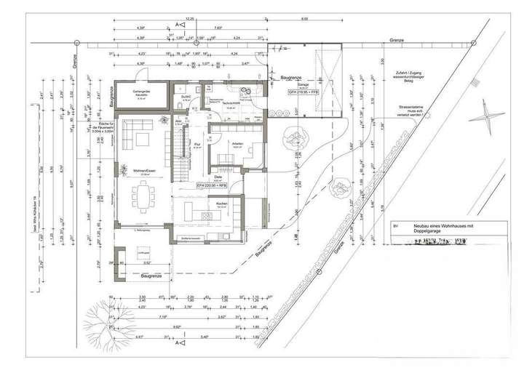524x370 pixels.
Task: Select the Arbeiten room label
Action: [237, 144]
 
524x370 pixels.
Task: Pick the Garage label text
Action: [282, 85]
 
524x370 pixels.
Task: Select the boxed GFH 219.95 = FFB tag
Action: [284, 94]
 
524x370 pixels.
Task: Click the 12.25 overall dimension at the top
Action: [189, 19]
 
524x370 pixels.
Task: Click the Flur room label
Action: [197, 145]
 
